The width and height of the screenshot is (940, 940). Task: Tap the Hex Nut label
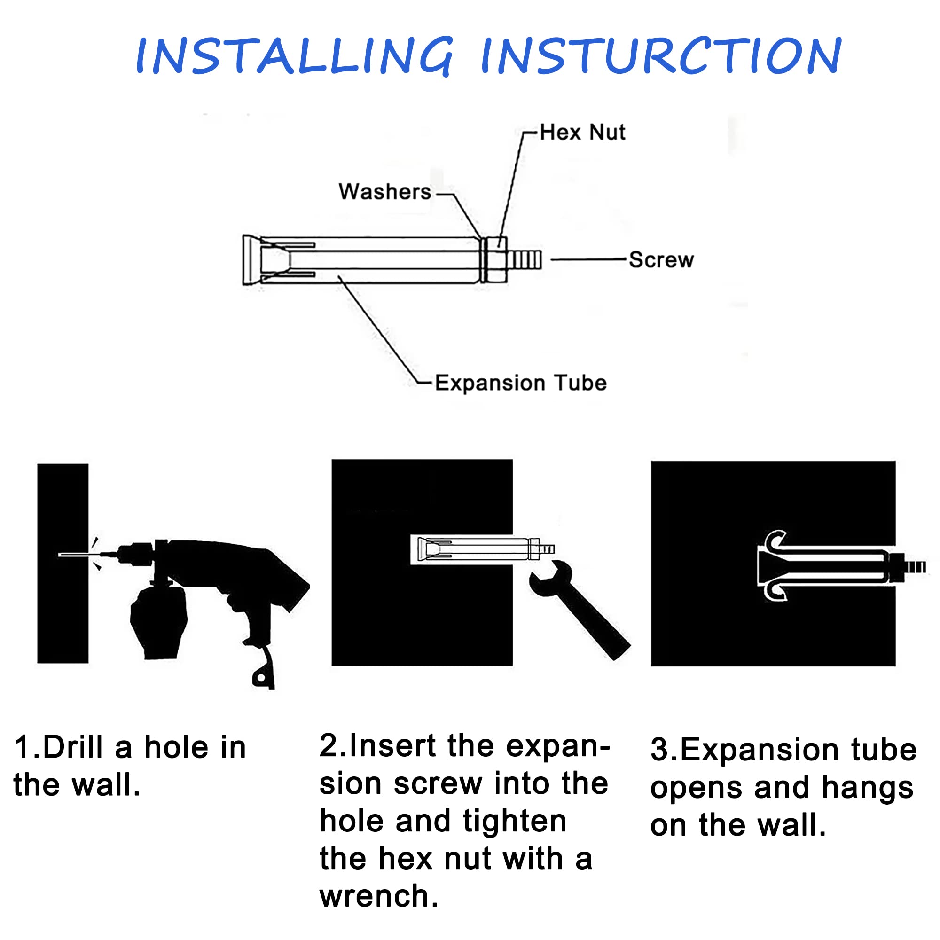(582, 133)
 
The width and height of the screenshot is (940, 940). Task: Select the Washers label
(385, 192)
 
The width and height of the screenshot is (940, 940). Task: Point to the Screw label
(661, 260)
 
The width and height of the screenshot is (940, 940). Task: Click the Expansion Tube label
(521, 383)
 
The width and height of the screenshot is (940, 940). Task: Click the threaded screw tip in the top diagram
(524, 260)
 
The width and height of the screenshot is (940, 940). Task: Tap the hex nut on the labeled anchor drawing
(497, 260)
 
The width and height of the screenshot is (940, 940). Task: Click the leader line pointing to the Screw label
(588, 260)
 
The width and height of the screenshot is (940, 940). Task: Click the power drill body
(214, 579)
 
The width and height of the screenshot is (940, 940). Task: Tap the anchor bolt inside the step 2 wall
(482, 549)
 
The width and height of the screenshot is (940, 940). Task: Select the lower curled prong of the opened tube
(775, 590)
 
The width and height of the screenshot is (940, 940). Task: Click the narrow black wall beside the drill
(63, 564)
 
